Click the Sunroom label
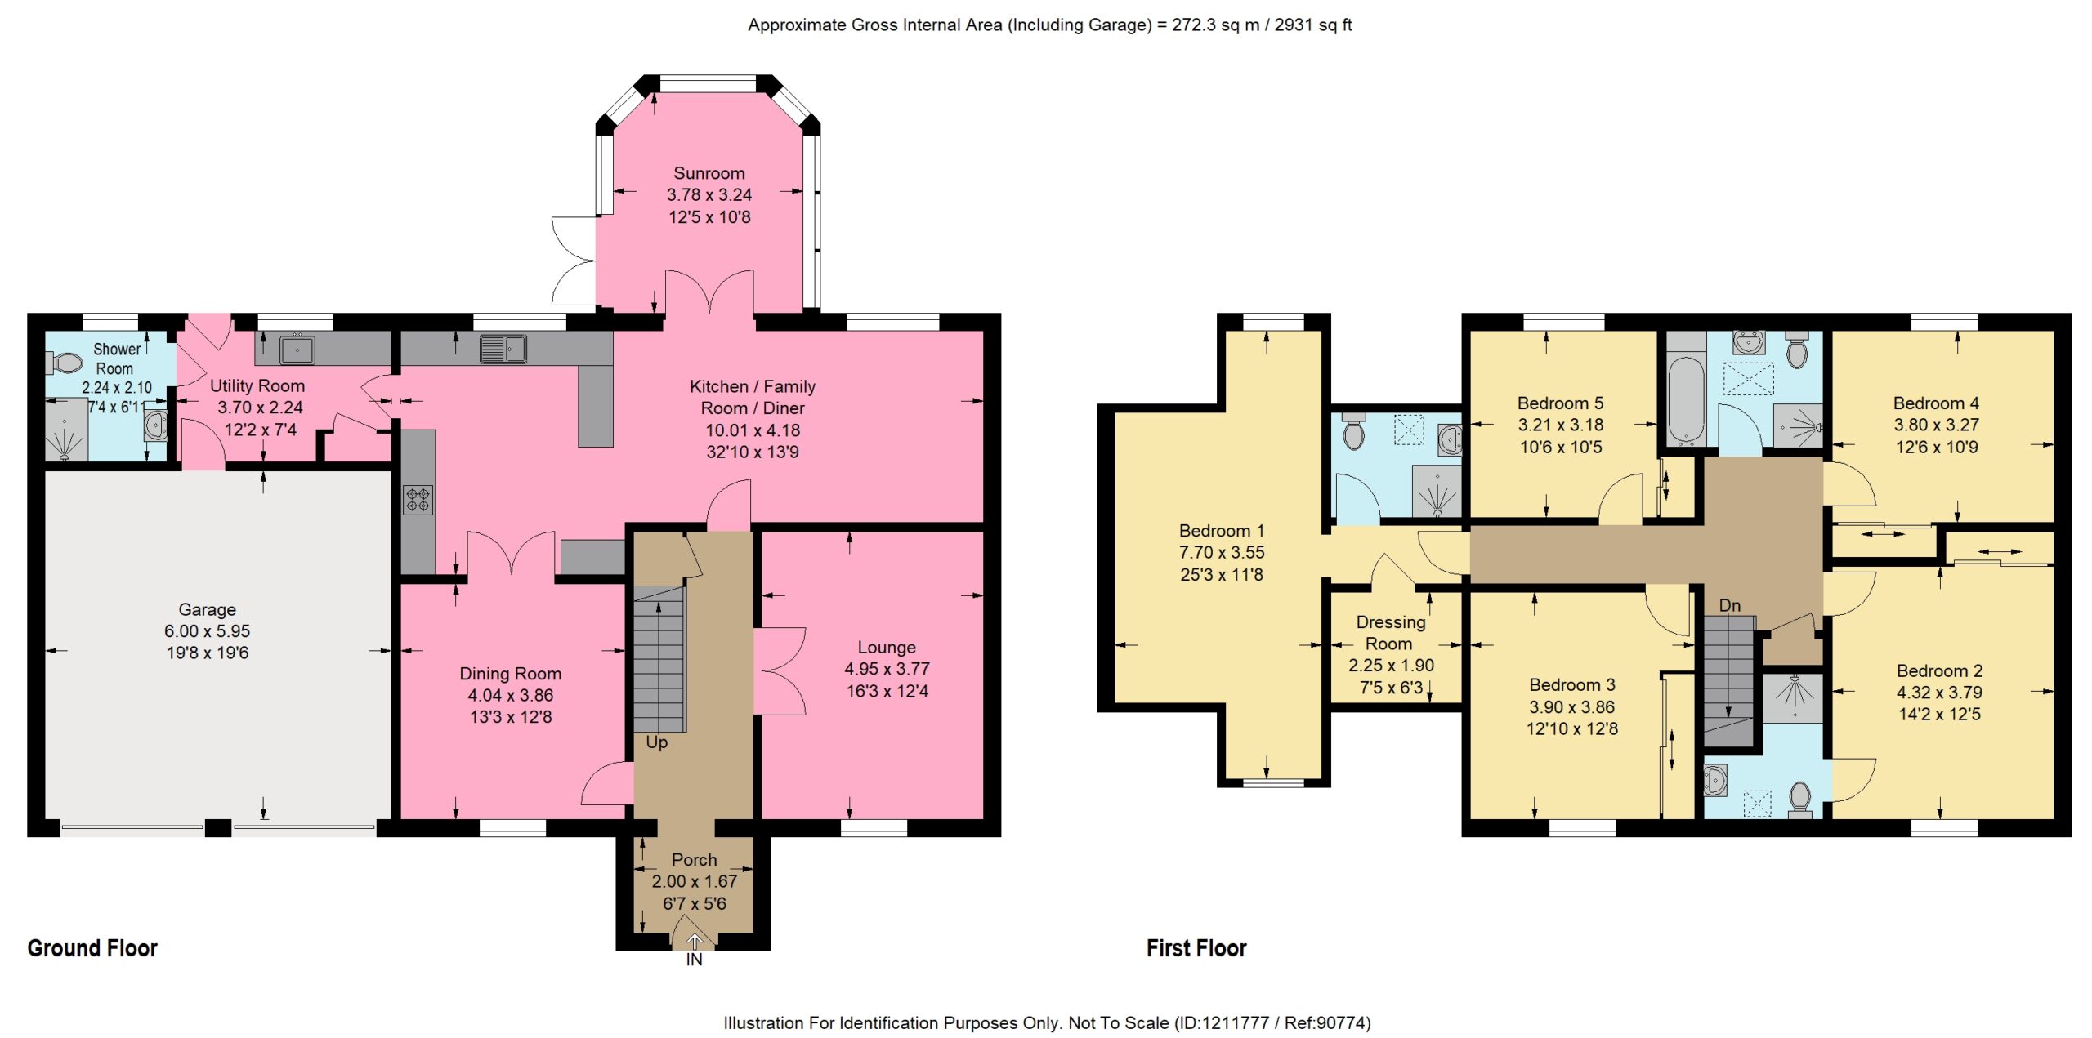(x=709, y=173)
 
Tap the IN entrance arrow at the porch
(x=694, y=942)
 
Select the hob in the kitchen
(x=418, y=499)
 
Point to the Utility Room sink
(x=297, y=350)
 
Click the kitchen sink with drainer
(x=503, y=349)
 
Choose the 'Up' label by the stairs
(x=656, y=742)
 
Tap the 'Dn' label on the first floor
(x=1729, y=605)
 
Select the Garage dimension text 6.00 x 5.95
(x=207, y=631)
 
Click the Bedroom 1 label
(x=1221, y=531)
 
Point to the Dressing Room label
(x=1390, y=633)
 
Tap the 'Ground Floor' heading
(x=92, y=948)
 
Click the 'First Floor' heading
(x=1196, y=948)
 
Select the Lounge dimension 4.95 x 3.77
(x=887, y=669)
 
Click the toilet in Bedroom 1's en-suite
(x=1353, y=431)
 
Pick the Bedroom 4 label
(x=1936, y=403)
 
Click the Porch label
(x=694, y=860)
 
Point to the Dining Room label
(x=510, y=674)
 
